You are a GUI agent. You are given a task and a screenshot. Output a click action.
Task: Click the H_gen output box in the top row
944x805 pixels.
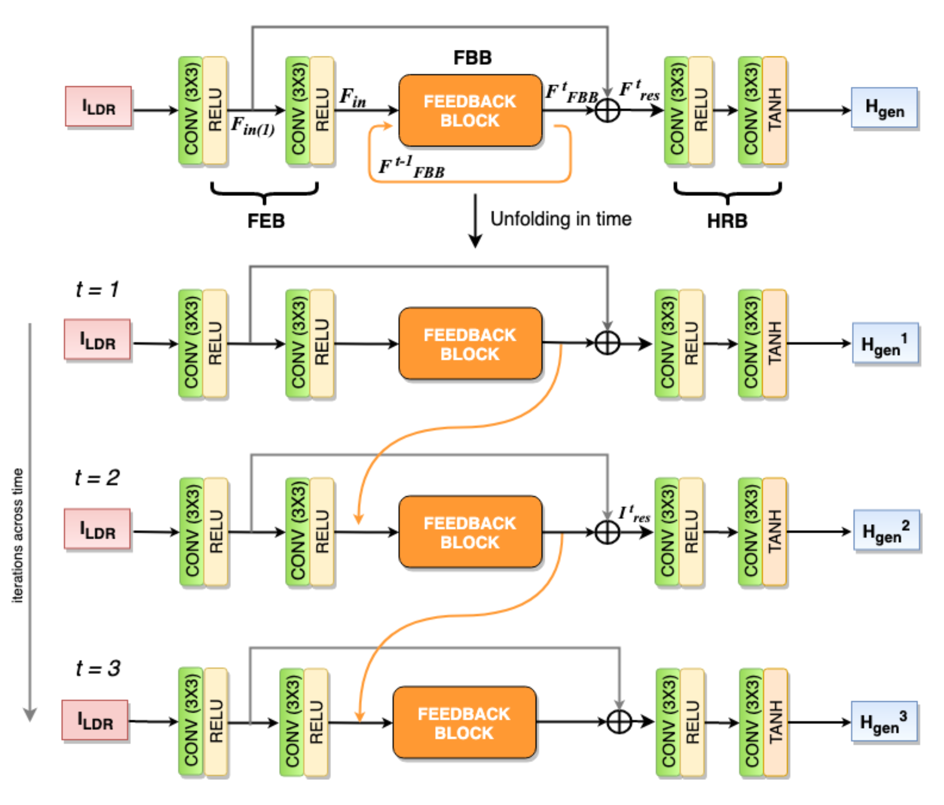[884, 108]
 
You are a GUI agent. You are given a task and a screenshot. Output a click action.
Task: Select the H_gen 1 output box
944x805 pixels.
[885, 344]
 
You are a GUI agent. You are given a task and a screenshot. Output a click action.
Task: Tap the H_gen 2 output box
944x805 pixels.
[886, 531]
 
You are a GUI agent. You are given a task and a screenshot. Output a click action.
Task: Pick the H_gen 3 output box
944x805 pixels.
[884, 722]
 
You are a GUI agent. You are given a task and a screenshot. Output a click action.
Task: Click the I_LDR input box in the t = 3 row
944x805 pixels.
[95, 720]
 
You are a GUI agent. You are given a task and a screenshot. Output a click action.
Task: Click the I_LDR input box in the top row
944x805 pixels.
[99, 107]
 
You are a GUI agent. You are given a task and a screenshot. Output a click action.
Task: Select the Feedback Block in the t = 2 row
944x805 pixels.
[470, 532]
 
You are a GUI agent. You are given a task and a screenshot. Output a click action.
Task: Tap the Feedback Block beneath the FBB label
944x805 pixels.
[470, 111]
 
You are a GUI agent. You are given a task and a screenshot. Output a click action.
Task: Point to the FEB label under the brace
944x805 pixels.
[266, 220]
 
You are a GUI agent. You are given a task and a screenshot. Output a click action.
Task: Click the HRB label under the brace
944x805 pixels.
[727, 220]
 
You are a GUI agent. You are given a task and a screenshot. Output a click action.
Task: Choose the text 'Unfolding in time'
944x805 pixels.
[561, 219]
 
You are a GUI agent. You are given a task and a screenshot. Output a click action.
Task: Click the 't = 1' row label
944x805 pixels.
[97, 289]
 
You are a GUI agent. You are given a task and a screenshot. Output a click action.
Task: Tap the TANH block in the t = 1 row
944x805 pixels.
[775, 344]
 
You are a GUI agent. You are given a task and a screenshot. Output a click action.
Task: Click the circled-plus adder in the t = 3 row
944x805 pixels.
[619, 722]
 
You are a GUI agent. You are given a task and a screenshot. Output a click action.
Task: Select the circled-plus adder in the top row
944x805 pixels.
[608, 110]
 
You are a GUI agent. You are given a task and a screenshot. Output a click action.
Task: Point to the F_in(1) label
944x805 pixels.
[253, 126]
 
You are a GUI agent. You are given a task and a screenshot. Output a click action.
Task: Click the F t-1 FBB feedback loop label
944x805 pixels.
[411, 167]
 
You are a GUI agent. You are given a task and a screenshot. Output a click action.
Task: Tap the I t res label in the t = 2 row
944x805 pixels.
[634, 514]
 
